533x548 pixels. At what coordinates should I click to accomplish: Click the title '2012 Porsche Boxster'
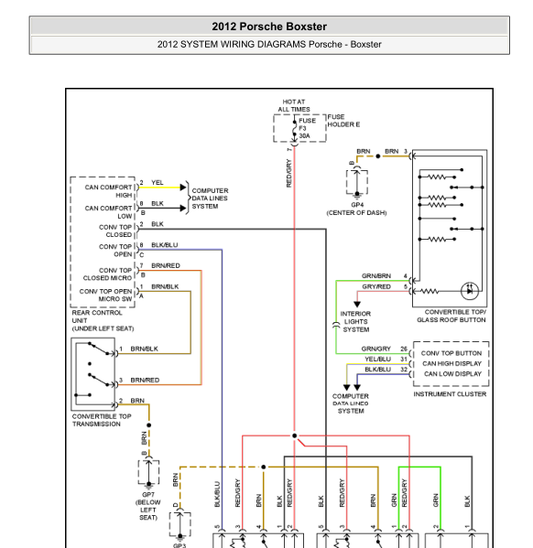(x=269, y=27)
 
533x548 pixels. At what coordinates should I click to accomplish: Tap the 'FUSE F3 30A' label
(x=307, y=128)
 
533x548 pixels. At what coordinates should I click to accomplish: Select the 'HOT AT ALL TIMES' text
(x=294, y=105)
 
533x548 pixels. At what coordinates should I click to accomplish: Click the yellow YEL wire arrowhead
(x=183, y=188)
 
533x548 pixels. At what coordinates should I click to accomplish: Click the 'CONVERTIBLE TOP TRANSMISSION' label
(x=102, y=420)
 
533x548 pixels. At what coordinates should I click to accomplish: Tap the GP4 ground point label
(x=357, y=205)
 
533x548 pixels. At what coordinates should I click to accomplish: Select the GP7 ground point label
(x=148, y=495)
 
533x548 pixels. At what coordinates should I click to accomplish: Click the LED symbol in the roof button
(x=469, y=291)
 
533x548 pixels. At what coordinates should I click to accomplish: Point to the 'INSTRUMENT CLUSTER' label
(x=450, y=394)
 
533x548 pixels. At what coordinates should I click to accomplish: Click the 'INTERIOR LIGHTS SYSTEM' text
(x=355, y=321)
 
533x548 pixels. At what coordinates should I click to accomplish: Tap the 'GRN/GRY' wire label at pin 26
(x=375, y=349)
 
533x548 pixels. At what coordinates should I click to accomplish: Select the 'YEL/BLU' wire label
(x=377, y=359)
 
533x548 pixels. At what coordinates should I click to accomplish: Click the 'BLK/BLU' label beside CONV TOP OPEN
(x=165, y=245)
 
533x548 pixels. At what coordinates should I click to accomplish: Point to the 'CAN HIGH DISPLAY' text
(x=451, y=363)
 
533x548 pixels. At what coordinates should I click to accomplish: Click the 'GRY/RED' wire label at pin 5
(x=376, y=286)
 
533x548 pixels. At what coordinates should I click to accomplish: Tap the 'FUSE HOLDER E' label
(x=343, y=121)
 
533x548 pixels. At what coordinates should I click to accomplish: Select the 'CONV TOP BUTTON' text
(x=451, y=353)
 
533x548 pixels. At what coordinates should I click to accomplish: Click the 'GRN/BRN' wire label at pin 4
(x=376, y=276)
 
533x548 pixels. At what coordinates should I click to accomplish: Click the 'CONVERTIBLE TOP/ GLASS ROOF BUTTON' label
(x=451, y=316)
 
